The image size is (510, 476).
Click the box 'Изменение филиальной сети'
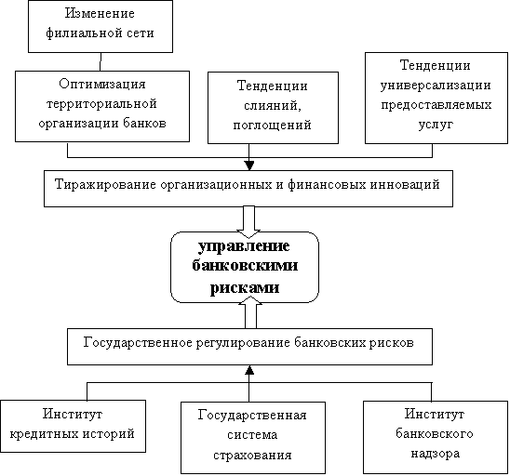[x=101, y=26]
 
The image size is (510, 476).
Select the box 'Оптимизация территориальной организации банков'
[x=102, y=106]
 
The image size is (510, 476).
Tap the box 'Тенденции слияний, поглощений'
[x=273, y=108]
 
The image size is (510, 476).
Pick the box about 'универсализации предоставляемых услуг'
[x=436, y=98]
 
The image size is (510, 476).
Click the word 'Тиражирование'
[x=106, y=185]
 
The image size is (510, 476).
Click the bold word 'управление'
[x=244, y=246]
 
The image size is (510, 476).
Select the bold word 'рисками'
[x=245, y=287]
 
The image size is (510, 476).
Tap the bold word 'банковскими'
[x=245, y=265]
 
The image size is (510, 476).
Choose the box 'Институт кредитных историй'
[x=73, y=426]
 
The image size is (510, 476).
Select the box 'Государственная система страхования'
[x=253, y=438]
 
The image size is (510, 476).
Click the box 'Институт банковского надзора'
[x=436, y=437]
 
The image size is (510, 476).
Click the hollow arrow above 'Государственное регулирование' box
[x=250, y=313]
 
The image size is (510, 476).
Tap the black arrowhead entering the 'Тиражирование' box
[x=248, y=165]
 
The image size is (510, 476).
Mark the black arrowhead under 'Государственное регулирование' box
[x=249, y=369]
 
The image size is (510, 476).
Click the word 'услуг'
[x=436, y=125]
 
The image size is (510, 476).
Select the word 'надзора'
[x=436, y=454]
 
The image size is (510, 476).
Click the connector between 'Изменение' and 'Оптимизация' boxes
[x=101, y=61]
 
